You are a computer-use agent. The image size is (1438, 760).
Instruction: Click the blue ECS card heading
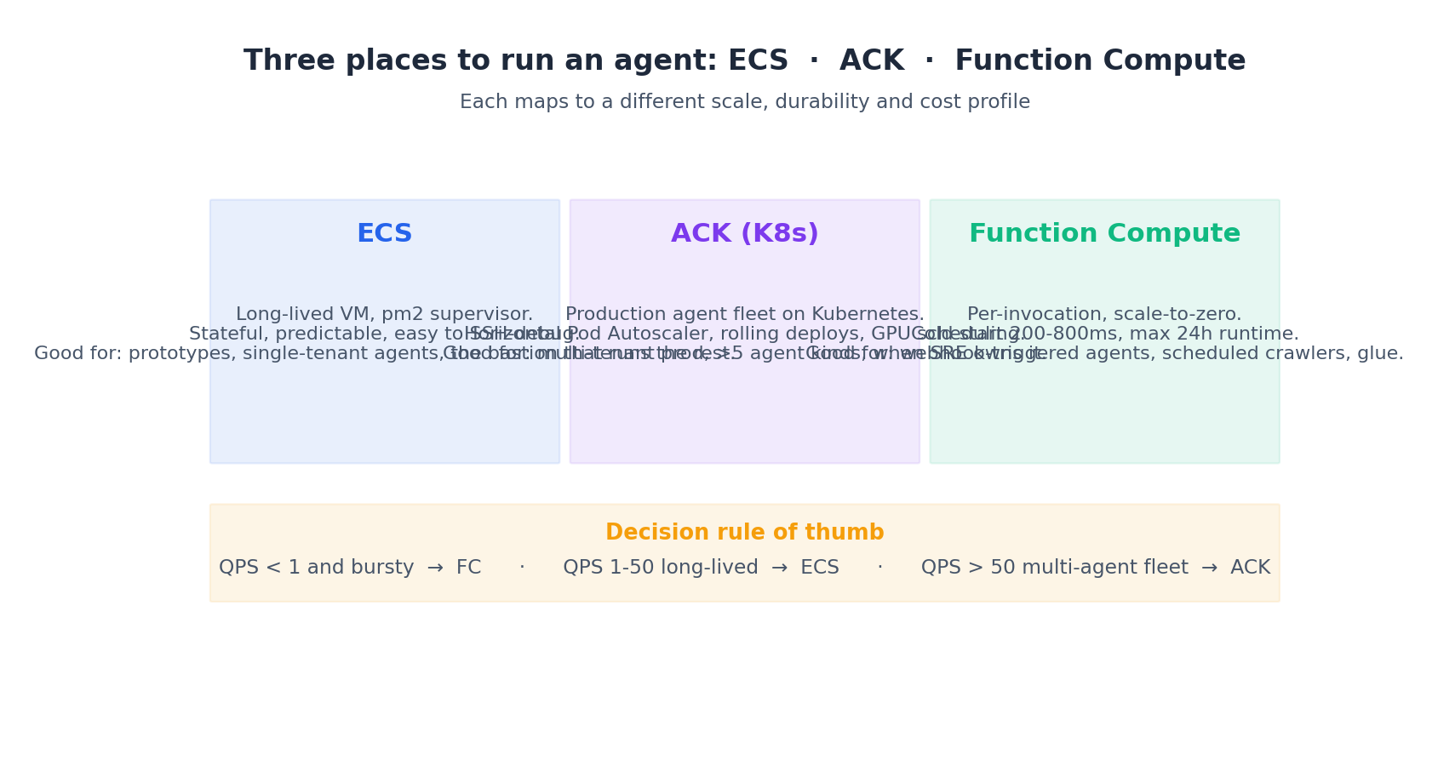[x=384, y=234]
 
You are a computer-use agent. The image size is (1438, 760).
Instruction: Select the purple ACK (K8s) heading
[x=744, y=234]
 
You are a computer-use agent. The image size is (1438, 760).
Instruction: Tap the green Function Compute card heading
[x=1104, y=234]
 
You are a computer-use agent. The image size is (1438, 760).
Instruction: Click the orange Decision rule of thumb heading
[x=744, y=533]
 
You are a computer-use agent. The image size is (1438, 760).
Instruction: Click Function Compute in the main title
[x=1099, y=61]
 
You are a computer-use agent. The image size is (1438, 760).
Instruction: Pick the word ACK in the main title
[x=871, y=61]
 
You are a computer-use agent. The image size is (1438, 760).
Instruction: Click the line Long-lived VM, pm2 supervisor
[x=384, y=314]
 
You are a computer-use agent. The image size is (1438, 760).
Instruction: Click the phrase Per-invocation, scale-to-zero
[x=1104, y=314]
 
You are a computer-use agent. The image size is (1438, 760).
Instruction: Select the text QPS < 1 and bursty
[x=316, y=568]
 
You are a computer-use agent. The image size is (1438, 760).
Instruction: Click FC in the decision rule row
[x=468, y=568]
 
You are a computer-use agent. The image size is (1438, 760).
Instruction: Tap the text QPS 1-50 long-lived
[x=660, y=568]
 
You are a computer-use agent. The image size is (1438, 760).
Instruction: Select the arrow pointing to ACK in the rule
[x=1209, y=568]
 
